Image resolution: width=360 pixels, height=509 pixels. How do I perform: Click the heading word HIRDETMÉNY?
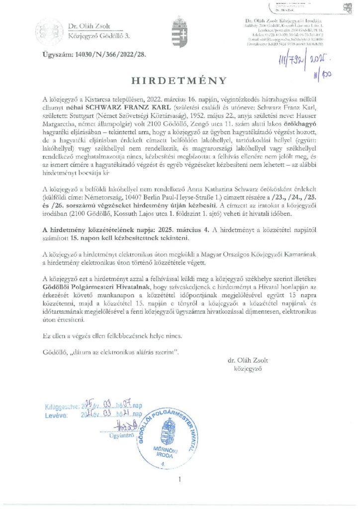pos(180,80)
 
